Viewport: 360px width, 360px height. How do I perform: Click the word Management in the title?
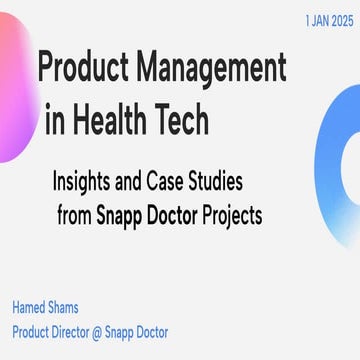(215, 67)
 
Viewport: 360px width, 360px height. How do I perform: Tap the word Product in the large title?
(84, 67)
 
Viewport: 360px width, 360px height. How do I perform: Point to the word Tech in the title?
(182, 120)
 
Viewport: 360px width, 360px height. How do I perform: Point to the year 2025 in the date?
(338, 19)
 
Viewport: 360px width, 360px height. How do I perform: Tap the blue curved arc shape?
(340, 170)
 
